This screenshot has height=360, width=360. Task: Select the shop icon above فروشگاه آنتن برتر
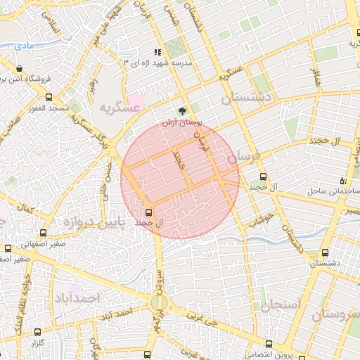pyautogui.click(x=19, y=69)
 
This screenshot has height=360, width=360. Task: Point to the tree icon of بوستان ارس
pyautogui.click(x=183, y=111)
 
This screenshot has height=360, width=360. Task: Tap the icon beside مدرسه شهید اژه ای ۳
pyautogui.click(x=158, y=51)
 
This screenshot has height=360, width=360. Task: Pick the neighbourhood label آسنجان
pyautogui.click(x=281, y=304)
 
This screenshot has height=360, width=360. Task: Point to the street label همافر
pyautogui.click(x=316, y=78)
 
